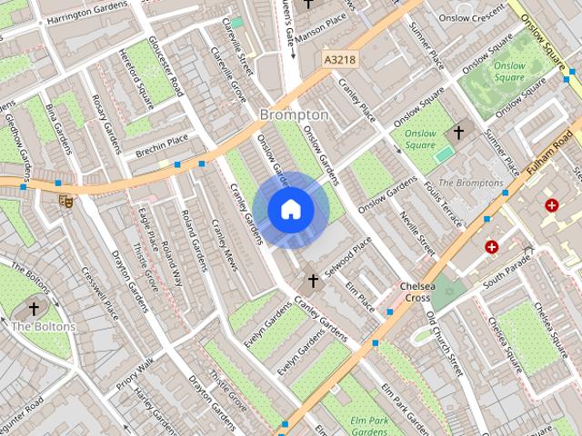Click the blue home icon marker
290,210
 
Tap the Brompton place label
294,115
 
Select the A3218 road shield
339,59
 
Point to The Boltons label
36,326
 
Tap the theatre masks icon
65,200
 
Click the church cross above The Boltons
35,308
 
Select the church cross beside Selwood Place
314,281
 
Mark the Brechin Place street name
161,144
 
